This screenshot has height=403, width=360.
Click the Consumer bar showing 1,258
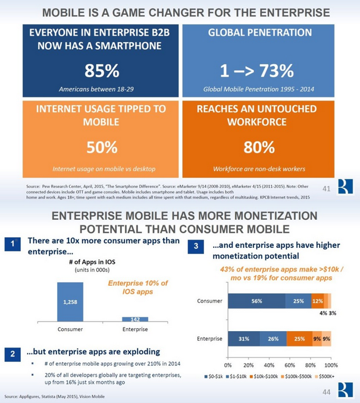click(x=70, y=301)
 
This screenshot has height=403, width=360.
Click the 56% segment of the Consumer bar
click(x=256, y=301)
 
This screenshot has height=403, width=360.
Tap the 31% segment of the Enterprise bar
click(x=243, y=339)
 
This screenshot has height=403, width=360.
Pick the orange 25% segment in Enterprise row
click(x=299, y=339)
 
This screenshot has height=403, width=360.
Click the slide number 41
click(x=325, y=190)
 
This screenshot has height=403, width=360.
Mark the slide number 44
click(x=326, y=392)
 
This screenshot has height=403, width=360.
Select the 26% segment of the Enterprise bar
click(x=273, y=339)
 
